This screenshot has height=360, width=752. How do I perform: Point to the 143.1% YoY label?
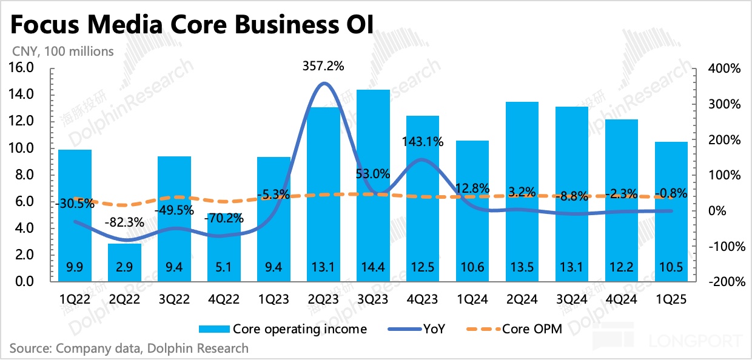click(x=423, y=142)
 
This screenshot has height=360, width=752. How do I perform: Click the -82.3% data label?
click(x=124, y=222)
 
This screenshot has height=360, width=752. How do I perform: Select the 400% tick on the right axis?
click(x=724, y=68)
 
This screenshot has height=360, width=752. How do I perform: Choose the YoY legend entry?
click(x=434, y=329)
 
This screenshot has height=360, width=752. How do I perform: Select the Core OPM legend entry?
click(x=530, y=329)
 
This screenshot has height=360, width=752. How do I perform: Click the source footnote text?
click(x=129, y=348)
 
